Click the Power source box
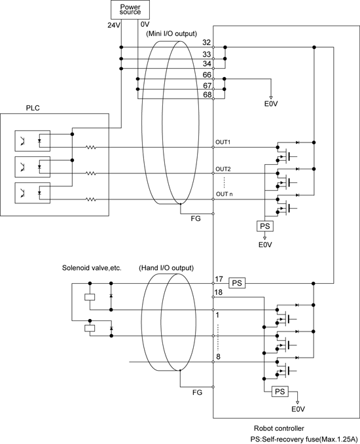tap(130, 10)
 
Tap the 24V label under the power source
tap(114, 26)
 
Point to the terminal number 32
tap(207, 43)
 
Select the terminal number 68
tap(207, 95)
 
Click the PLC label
tap(33, 108)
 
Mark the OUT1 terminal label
tap(223, 142)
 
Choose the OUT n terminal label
tap(225, 194)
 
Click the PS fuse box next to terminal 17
tap(237, 283)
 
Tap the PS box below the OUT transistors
tap(265, 226)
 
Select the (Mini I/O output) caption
tap(171, 34)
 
